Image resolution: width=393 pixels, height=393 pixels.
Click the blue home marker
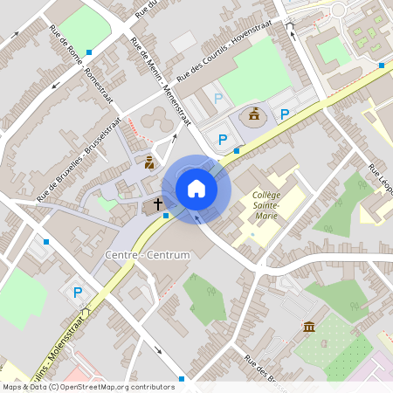point(196,187)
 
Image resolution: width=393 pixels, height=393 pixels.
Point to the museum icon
point(308,326)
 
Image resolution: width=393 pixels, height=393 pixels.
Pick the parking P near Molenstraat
point(78,293)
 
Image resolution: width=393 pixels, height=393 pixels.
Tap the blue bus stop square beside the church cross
point(166,215)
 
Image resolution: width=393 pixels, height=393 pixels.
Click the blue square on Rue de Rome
point(88,52)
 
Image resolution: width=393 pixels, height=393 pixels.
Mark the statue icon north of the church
point(149,162)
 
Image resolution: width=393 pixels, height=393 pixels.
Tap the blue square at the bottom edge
point(182,378)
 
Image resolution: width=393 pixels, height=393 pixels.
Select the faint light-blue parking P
point(217,99)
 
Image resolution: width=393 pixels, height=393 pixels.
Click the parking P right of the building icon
point(284,114)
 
